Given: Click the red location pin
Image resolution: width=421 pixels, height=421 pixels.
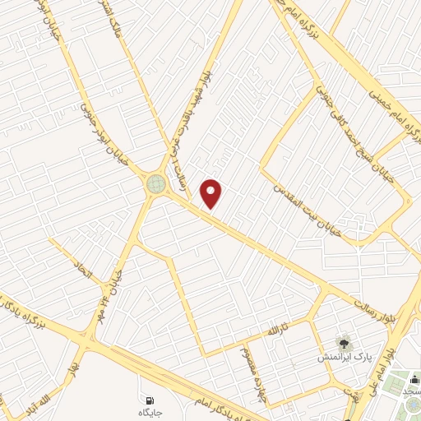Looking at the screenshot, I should (212, 194).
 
